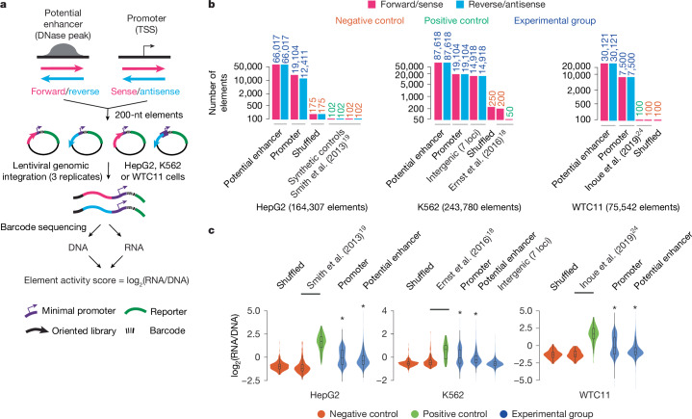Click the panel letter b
[212, 6]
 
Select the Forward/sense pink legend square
[372, 5]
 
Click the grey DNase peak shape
[64, 49]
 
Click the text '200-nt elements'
[149, 115]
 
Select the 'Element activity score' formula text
[107, 281]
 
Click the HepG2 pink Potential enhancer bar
[276, 92]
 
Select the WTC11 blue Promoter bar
[629, 98]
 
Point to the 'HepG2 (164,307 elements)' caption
[312, 207]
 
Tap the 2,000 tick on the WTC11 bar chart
[577, 91]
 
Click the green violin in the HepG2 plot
[321, 343]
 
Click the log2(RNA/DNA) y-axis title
[239, 345]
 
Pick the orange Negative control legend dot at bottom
[321, 413]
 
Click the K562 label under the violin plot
[452, 394]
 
